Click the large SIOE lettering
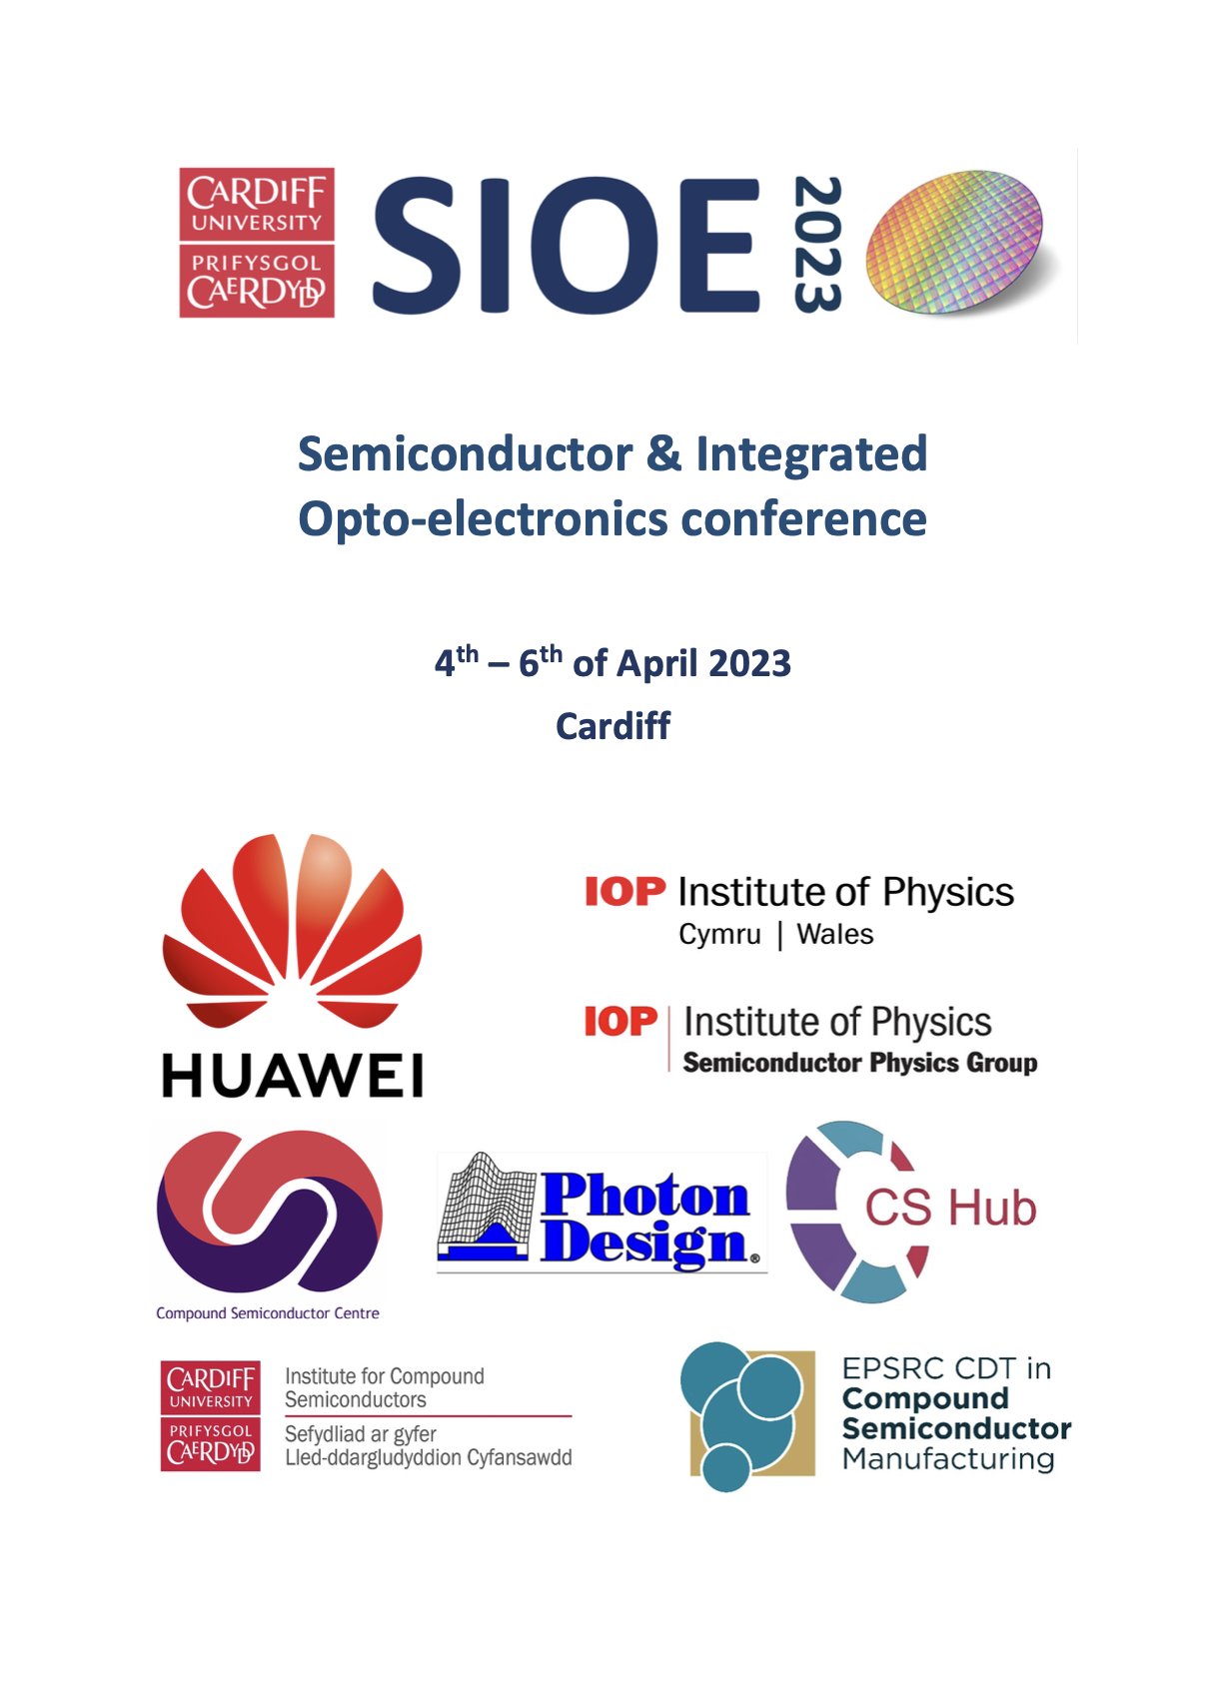coord(566,246)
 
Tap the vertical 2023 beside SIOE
coord(817,245)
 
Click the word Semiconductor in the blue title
coord(465,453)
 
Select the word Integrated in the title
coord(811,453)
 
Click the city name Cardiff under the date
coord(612,726)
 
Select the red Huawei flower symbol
coord(292,929)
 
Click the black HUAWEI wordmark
coord(292,1076)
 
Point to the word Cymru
coord(719,935)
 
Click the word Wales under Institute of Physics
coord(834,935)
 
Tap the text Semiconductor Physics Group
coord(859,1063)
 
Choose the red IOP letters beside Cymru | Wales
coord(624,891)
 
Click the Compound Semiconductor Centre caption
coord(268,1313)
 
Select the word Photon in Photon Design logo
coord(644,1195)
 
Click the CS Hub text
coord(949,1208)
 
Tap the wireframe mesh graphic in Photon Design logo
coord(487,1208)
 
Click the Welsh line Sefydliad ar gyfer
coord(360,1434)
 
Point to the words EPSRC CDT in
coord(945,1368)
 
